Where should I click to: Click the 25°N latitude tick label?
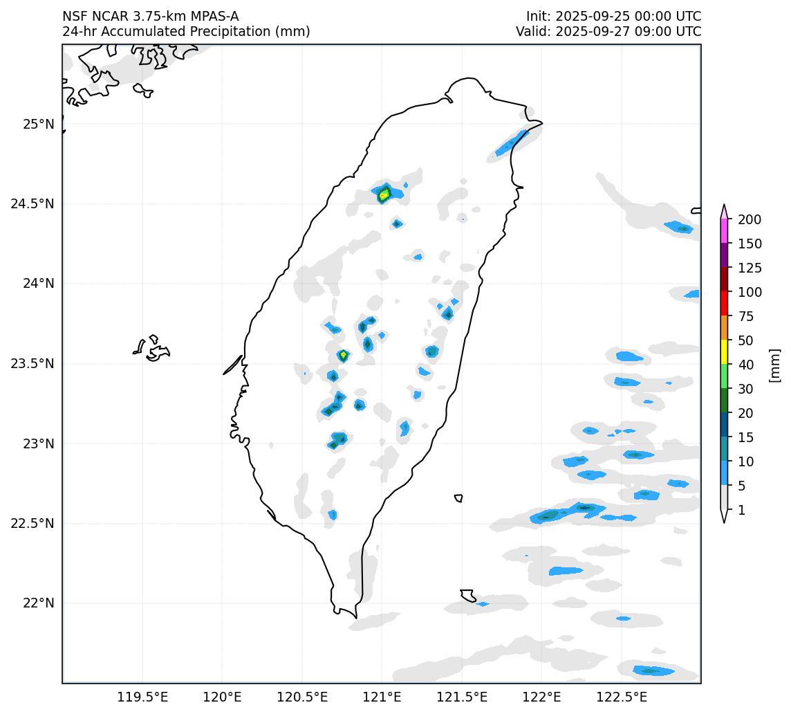click(37, 125)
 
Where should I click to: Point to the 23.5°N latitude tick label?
click(32, 364)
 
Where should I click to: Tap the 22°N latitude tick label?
click(37, 603)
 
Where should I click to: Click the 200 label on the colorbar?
click(750, 219)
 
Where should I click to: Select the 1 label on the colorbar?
click(742, 510)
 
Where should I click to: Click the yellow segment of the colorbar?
click(724, 352)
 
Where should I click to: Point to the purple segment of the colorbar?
click(724, 255)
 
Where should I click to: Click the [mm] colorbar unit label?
click(775, 365)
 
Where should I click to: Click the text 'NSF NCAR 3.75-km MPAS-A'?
click(151, 17)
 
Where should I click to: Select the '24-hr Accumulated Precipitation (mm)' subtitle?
click(186, 32)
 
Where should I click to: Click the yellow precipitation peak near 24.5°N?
click(384, 194)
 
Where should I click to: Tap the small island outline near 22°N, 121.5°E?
click(468, 595)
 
